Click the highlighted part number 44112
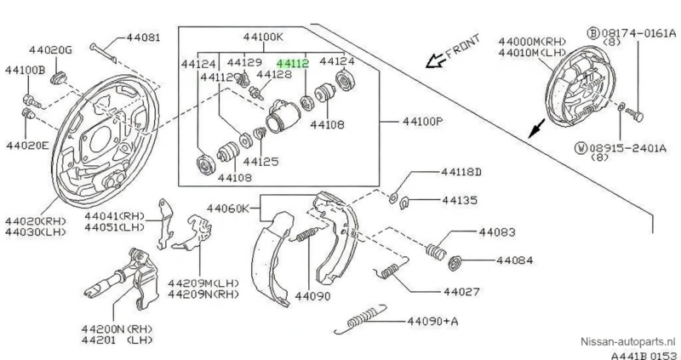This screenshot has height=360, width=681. pos(292,62)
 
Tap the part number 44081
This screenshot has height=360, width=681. pos(142,38)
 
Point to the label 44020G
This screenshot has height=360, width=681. pos(28,50)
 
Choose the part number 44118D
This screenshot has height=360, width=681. pos(461,173)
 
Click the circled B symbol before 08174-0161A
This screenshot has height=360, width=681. pos(592,33)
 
